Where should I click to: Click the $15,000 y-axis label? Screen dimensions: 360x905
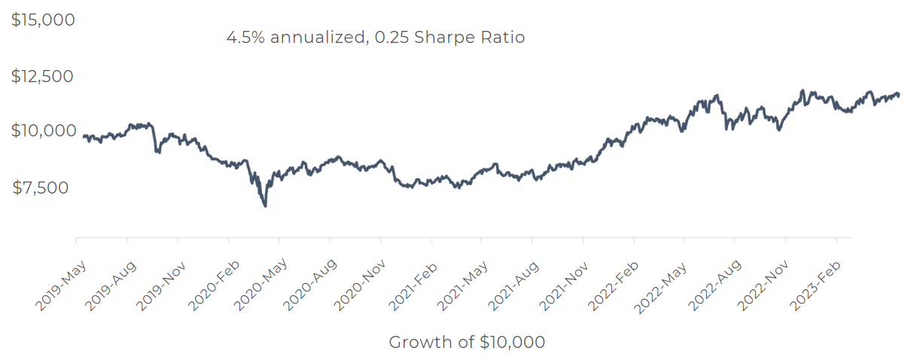click(x=43, y=20)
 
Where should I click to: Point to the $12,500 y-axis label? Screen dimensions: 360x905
click(x=43, y=76)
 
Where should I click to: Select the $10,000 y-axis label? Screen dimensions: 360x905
click(x=43, y=131)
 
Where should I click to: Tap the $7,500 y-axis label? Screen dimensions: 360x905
click(x=44, y=188)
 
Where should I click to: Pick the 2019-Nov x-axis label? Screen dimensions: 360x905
click(x=161, y=285)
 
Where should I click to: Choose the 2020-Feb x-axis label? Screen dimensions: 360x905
click(x=212, y=285)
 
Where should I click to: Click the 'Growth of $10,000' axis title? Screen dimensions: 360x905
click(x=467, y=342)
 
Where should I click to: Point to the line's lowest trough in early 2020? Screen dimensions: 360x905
click(x=264, y=206)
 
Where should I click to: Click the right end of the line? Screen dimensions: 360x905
click(x=898, y=94)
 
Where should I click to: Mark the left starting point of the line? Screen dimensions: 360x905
click(x=83, y=136)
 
